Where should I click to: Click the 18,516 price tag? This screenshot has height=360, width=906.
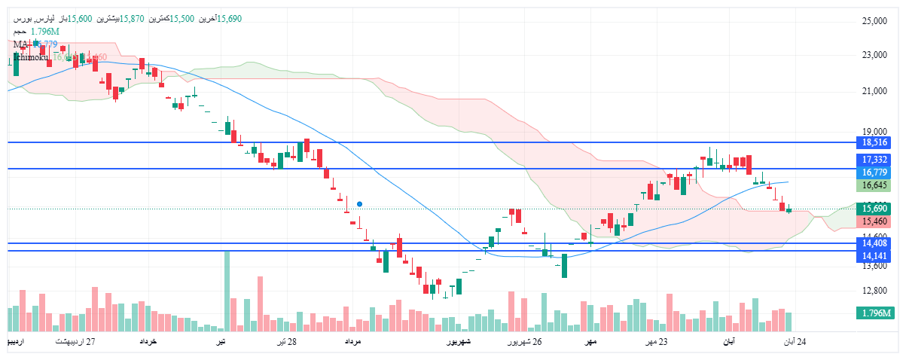pos(876,142)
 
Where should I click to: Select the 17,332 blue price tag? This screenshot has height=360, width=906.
pos(876,160)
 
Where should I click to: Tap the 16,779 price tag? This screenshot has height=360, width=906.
pos(876,172)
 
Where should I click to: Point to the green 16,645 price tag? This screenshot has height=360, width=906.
pos(876,185)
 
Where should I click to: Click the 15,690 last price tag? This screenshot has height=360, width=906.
pos(876,209)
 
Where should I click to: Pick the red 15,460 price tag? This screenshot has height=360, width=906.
pos(876,221)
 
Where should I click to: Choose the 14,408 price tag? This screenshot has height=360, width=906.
pos(876,243)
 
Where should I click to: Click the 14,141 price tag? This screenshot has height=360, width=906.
pos(876,256)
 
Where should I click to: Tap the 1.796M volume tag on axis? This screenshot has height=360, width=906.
pos(876,313)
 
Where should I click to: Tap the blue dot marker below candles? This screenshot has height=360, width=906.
pos(360,204)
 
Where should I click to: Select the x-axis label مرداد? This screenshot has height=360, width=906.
pos(354,342)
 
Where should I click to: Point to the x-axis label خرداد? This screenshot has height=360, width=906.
pos(148,342)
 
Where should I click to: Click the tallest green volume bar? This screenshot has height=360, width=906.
pos(227,291)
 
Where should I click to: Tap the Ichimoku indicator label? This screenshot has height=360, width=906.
pos(31,56)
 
